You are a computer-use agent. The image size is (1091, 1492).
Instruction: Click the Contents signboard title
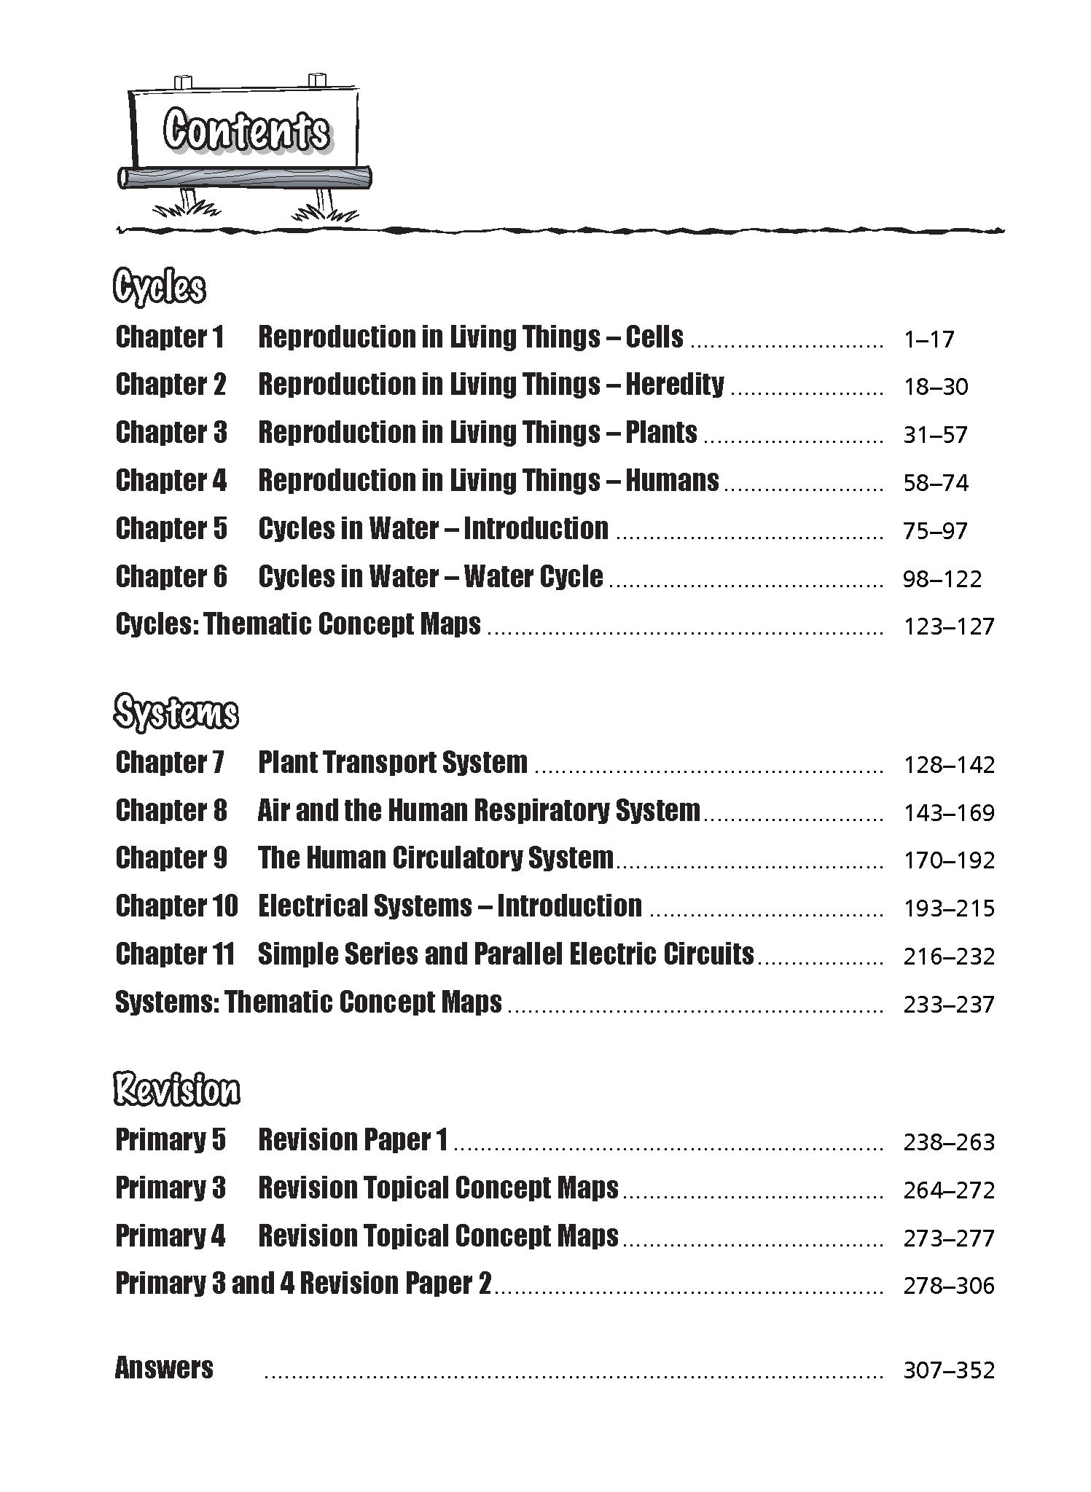click(x=246, y=131)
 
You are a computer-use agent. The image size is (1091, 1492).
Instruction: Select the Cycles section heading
click(x=160, y=287)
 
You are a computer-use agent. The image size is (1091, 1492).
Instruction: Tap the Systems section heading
click(x=176, y=712)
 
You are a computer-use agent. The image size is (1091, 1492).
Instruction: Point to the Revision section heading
click(x=177, y=1090)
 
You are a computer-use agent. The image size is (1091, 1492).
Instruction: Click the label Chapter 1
click(x=170, y=337)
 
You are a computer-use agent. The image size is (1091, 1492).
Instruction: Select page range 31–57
click(x=935, y=435)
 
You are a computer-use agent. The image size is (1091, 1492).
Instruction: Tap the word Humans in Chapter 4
click(x=672, y=481)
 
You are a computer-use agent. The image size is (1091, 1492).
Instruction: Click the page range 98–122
click(x=942, y=579)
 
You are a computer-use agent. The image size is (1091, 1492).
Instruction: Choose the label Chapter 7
click(x=170, y=763)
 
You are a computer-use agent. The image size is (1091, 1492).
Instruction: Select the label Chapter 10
click(x=176, y=906)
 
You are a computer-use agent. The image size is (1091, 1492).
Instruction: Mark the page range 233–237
click(x=949, y=1005)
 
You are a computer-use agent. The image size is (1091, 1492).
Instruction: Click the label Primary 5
click(x=171, y=1140)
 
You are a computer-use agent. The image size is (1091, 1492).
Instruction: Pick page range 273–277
click(x=949, y=1238)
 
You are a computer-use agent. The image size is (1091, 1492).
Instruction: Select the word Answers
click(x=164, y=1368)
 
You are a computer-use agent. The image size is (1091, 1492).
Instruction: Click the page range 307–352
click(x=949, y=1370)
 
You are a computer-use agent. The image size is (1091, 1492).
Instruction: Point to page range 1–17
click(x=928, y=339)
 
